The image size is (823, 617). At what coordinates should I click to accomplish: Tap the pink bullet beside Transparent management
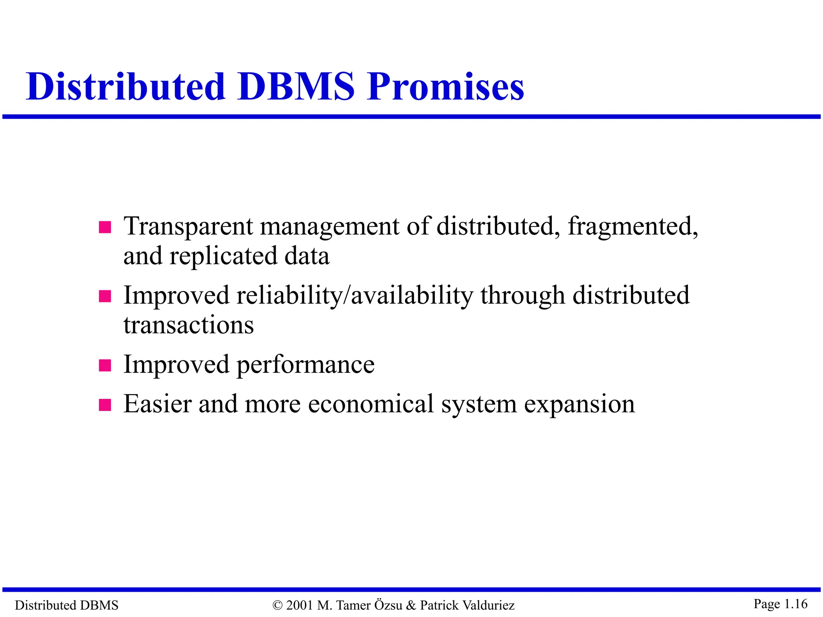105,227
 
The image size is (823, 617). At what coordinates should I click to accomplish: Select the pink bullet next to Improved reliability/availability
105,296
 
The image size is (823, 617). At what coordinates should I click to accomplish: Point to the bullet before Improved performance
105,366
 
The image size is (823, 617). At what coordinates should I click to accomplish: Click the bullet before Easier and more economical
105,405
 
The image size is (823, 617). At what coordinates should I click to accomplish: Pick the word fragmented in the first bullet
633,227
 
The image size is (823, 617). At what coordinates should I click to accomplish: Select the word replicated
223,256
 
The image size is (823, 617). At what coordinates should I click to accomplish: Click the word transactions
188,325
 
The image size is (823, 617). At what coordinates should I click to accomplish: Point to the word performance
305,365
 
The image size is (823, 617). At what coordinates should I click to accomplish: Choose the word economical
371,404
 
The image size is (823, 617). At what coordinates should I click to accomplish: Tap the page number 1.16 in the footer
796,604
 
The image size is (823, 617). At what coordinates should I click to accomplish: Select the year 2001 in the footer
300,605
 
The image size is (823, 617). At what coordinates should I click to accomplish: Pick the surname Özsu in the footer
388,605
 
